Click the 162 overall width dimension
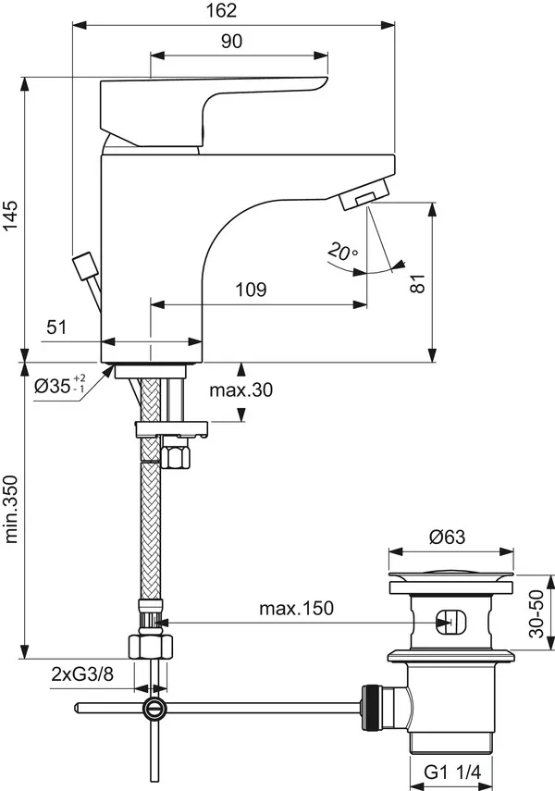point(221,10)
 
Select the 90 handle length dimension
point(231,42)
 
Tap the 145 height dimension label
point(10,215)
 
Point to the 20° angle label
point(342,252)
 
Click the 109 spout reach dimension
point(251,290)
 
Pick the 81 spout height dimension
point(418,283)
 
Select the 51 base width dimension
point(56,327)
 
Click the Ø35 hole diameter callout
point(59,386)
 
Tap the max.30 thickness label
point(241,389)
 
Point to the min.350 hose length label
point(10,509)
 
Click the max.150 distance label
point(296,608)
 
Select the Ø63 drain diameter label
point(447,537)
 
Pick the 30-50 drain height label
point(536,613)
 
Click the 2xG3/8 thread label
point(82,674)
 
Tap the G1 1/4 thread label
point(452,772)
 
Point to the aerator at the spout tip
point(364,193)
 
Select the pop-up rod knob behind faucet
point(85,266)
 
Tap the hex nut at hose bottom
point(151,647)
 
